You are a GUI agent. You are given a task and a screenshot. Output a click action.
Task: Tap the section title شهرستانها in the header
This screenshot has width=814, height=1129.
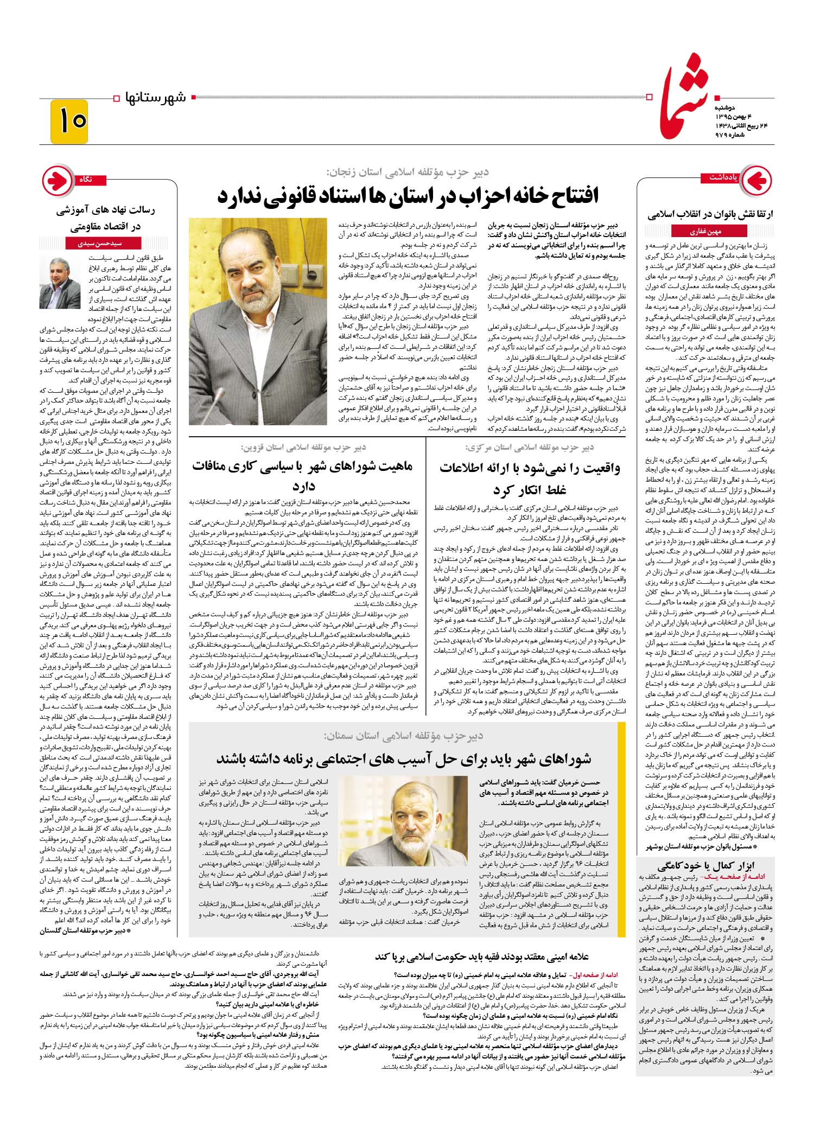[155, 98]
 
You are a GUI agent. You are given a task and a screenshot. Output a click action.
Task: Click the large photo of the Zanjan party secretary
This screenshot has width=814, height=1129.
[258, 321]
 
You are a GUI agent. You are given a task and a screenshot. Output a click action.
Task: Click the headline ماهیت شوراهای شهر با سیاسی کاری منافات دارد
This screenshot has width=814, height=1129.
[302, 475]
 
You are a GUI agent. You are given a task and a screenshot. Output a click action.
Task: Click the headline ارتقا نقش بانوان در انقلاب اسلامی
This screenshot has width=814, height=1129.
[710, 214]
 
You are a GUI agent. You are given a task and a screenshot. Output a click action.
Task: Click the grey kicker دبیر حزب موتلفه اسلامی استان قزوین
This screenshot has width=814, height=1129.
[303, 447]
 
